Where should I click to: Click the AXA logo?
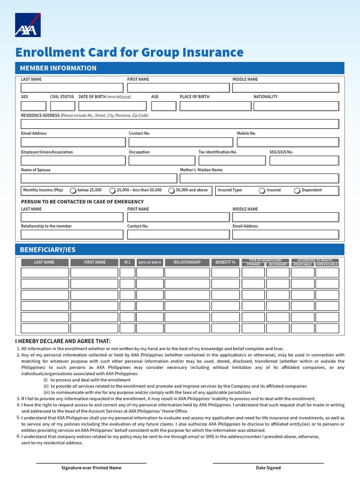click(x=28, y=25)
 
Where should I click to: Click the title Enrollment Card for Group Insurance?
click(x=129, y=52)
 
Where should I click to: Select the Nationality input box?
click(x=296, y=106)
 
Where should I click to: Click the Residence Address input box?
click(x=180, y=124)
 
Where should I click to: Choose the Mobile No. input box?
click(x=287, y=142)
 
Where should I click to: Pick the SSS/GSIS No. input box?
click(x=304, y=161)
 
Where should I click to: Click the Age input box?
click(x=164, y=106)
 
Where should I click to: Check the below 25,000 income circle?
click(x=73, y=191)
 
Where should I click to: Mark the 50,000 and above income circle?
click(x=172, y=191)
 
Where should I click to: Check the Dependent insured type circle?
click(x=297, y=191)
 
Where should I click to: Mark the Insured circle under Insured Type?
click(x=262, y=191)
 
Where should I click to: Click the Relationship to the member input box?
click(x=72, y=234)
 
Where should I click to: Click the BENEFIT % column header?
click(x=225, y=262)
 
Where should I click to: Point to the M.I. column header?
click(x=127, y=262)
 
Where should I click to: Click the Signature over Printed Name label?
click(x=91, y=468)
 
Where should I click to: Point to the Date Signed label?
click(x=268, y=468)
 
